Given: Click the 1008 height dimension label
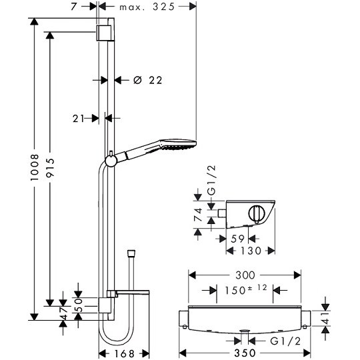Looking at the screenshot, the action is click(x=35, y=167).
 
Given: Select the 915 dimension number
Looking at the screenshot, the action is click(x=50, y=168).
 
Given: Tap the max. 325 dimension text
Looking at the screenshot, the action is click(x=147, y=7).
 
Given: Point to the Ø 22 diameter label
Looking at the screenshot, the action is click(x=148, y=81).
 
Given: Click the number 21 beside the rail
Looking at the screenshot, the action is click(x=79, y=119).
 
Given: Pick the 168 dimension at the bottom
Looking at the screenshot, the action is click(x=124, y=353).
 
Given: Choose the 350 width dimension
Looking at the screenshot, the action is click(x=245, y=353).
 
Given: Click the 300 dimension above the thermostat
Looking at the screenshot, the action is click(x=245, y=275).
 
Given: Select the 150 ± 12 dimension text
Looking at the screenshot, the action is click(x=246, y=289).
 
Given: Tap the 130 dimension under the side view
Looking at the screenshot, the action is click(x=251, y=251).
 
